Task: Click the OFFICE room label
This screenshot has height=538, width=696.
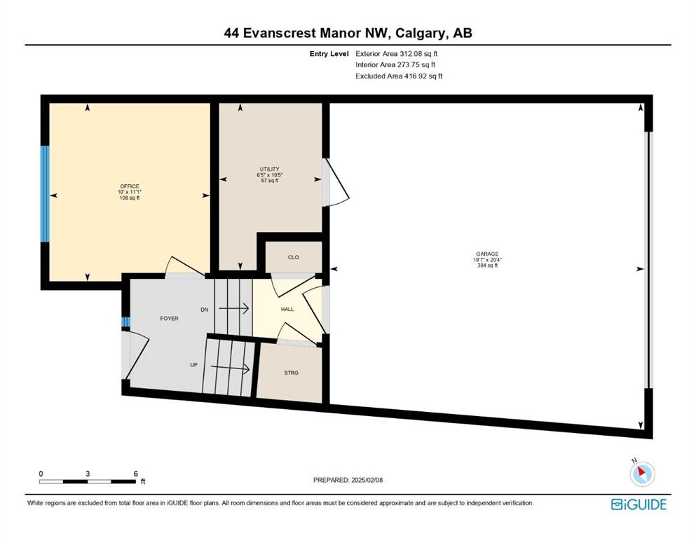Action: pyautogui.click(x=130, y=186)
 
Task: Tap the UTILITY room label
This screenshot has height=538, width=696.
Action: pyautogui.click(x=269, y=169)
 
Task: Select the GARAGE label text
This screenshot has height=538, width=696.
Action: pyautogui.click(x=487, y=254)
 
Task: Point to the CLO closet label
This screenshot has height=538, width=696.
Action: pyautogui.click(x=294, y=257)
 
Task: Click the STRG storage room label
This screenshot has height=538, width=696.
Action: pyautogui.click(x=291, y=373)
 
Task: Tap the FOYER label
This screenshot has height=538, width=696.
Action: pyautogui.click(x=169, y=319)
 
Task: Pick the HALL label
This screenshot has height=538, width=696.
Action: pyautogui.click(x=287, y=309)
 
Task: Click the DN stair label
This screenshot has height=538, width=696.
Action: pyautogui.click(x=204, y=310)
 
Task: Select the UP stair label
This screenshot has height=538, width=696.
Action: pyautogui.click(x=193, y=364)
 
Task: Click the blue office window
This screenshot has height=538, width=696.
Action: pyautogui.click(x=45, y=194)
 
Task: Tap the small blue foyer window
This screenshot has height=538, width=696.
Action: pyautogui.click(x=125, y=322)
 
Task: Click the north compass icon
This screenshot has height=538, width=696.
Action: pyautogui.click(x=641, y=473)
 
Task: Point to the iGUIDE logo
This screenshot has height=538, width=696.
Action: pyautogui.click(x=639, y=504)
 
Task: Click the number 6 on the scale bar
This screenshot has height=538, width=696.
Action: pyautogui.click(x=136, y=474)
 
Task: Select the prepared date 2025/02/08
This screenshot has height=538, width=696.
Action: pyautogui.click(x=367, y=480)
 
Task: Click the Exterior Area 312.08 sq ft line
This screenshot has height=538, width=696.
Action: pyautogui.click(x=397, y=54)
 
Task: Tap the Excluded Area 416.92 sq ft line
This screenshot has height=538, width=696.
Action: pyautogui.click(x=399, y=76)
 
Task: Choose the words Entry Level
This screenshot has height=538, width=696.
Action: pyautogui.click(x=329, y=54)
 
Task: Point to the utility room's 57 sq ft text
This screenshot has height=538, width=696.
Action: pyautogui.click(x=269, y=181)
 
